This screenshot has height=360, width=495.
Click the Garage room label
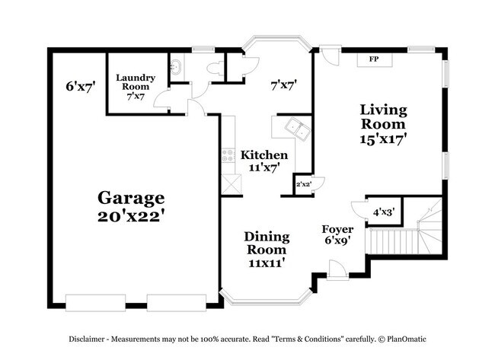coord(130,198)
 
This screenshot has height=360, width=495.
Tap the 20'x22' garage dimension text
coord(130,216)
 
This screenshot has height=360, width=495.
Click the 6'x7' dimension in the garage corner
coord(79,87)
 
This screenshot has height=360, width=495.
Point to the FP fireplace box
coord(373,59)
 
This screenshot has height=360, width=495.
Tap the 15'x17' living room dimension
coord(383,139)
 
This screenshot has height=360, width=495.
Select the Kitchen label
coord(264,155)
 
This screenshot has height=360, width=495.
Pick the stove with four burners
coord(228,157)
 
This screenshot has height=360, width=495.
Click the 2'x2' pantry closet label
coord(304,183)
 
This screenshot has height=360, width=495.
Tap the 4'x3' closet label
coord(384,212)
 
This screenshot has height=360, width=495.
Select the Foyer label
coord(337,228)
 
